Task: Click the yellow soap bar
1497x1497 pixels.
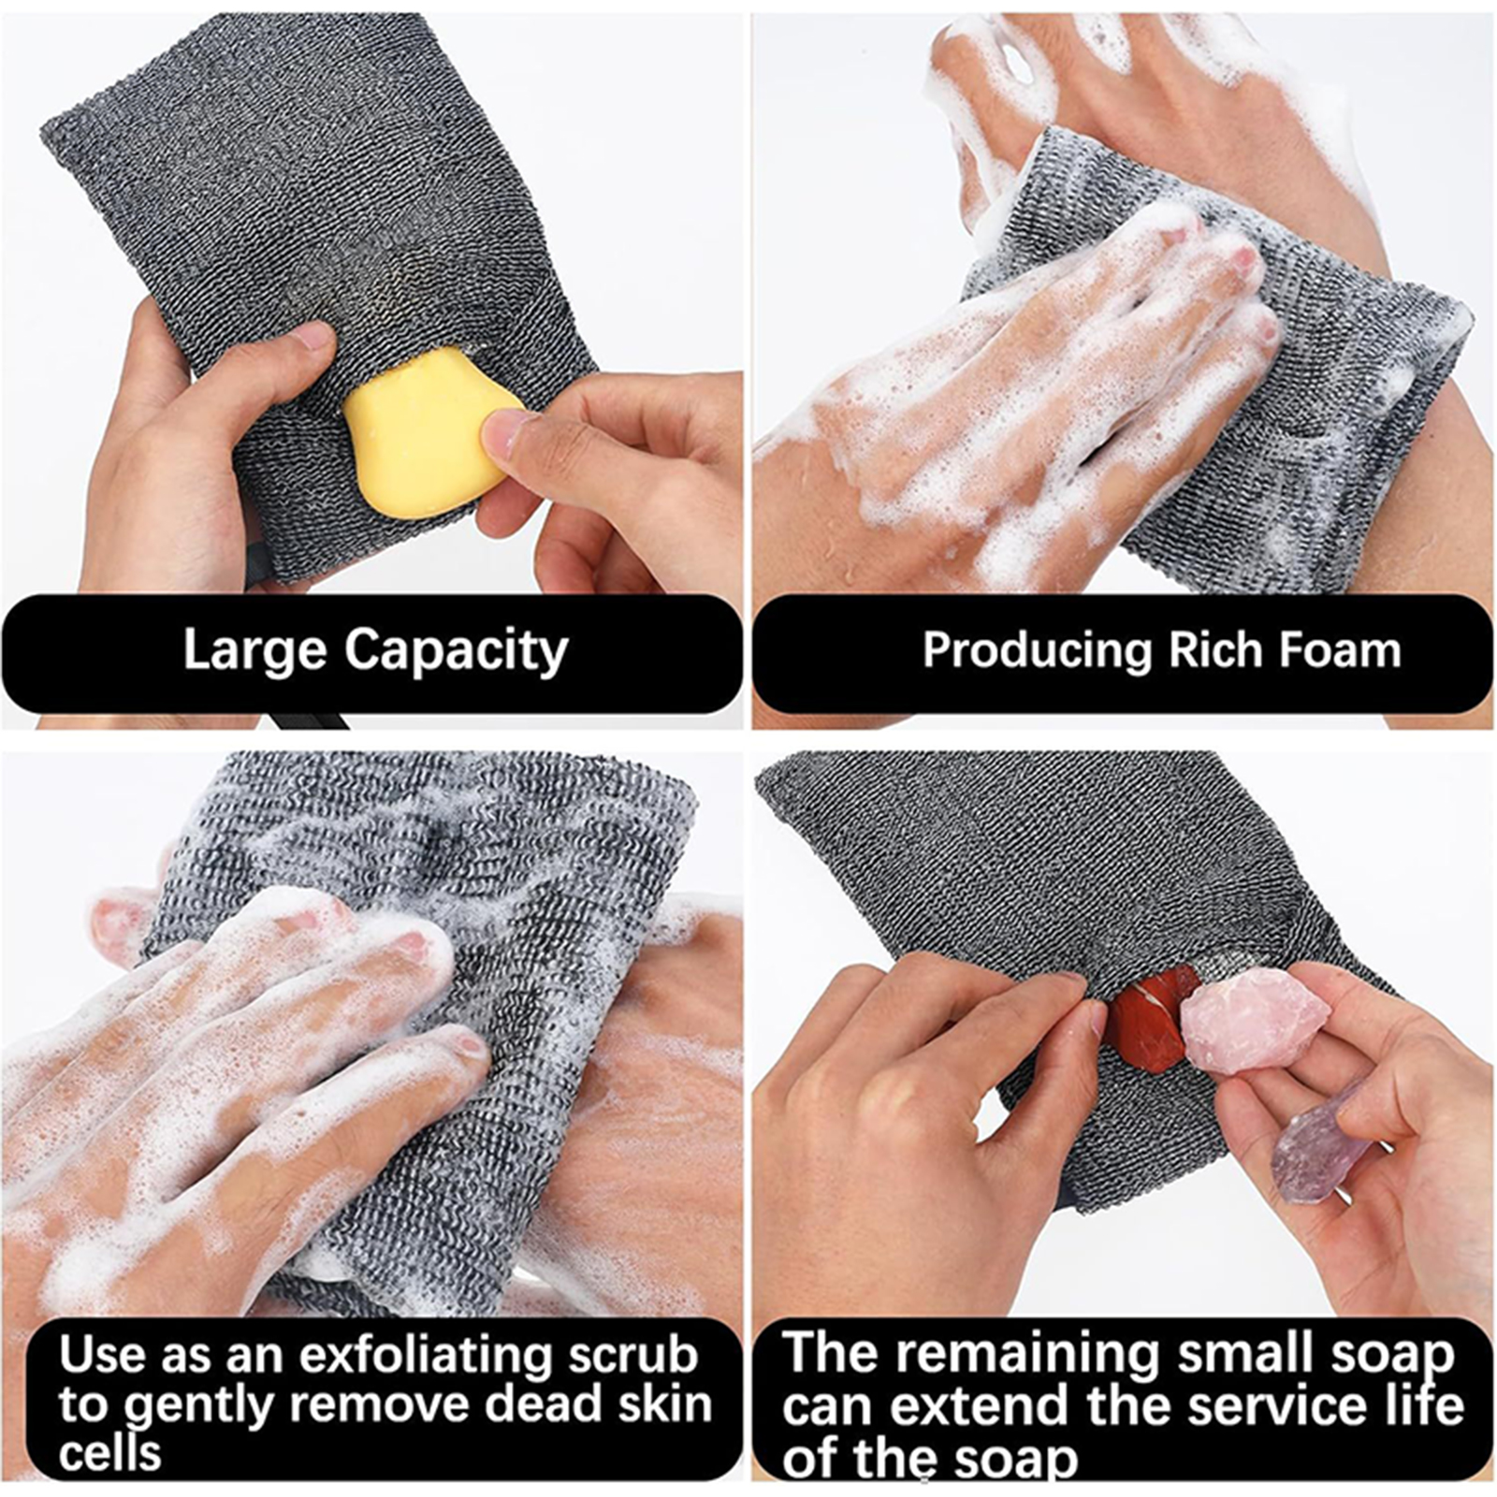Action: (429, 429)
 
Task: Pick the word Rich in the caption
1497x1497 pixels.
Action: (1215, 649)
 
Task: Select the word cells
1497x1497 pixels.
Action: (109, 1453)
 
